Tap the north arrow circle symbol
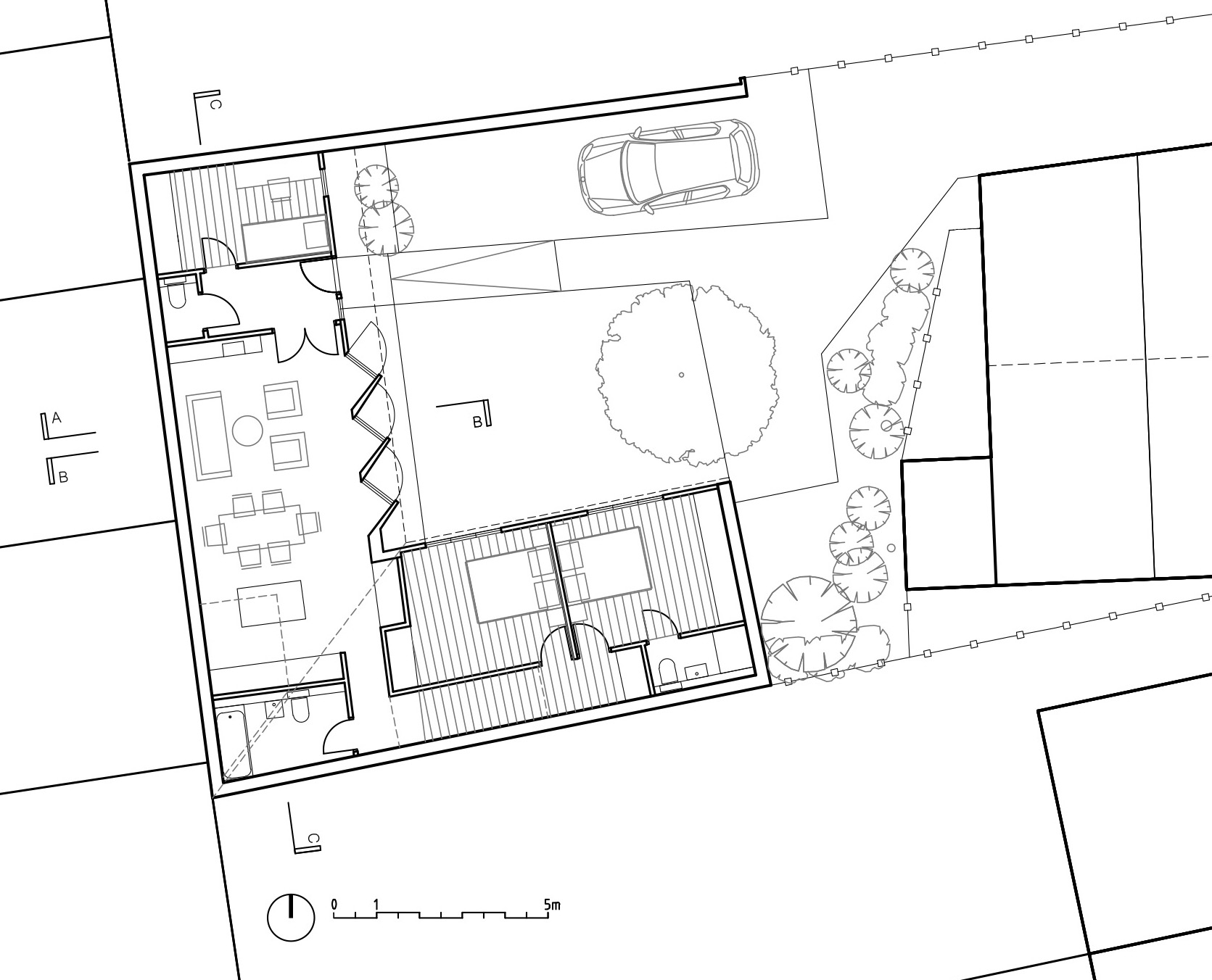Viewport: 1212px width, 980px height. pyautogui.click(x=291, y=918)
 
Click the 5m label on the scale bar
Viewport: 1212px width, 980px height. pyautogui.click(x=552, y=905)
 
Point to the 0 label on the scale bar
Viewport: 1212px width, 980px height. pyautogui.click(x=334, y=905)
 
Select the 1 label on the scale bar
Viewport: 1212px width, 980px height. pyautogui.click(x=376, y=905)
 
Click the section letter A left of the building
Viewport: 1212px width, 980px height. pyautogui.click(x=57, y=418)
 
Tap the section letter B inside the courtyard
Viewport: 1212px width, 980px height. pyautogui.click(x=477, y=422)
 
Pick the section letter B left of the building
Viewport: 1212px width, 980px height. pyautogui.click(x=63, y=478)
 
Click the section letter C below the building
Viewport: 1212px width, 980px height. pyautogui.click(x=313, y=839)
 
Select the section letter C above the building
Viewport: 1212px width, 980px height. pyautogui.click(x=215, y=105)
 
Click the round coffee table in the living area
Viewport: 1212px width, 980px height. pyautogui.click(x=247, y=431)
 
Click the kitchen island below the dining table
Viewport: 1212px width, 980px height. pyautogui.click(x=270, y=603)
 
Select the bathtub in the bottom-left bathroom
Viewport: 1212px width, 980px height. pyautogui.click(x=234, y=745)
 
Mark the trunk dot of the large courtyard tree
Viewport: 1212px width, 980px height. pyautogui.click(x=681, y=375)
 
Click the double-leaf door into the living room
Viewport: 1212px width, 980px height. pyautogui.click(x=308, y=345)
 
